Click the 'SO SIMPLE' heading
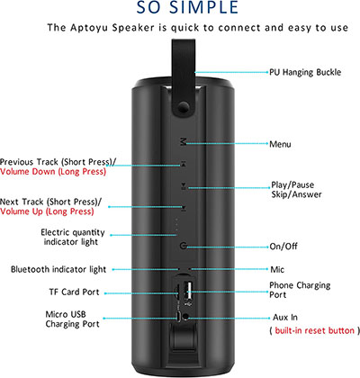(187, 7)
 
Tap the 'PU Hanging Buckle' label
(305, 72)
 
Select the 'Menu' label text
(280, 144)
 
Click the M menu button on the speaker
(183, 141)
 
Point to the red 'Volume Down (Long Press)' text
(53, 172)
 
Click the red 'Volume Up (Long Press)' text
(47, 211)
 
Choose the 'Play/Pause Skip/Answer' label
(296, 190)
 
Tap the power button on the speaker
(183, 247)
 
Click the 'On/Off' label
(283, 247)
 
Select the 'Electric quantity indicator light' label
(73, 237)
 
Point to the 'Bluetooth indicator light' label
(58, 269)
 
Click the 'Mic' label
(277, 269)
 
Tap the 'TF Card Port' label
(74, 292)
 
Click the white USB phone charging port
(189, 291)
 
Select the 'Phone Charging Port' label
(300, 290)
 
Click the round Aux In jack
(186, 316)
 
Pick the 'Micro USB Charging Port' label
(72, 319)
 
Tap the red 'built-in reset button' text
(314, 330)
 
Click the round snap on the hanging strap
(183, 107)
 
